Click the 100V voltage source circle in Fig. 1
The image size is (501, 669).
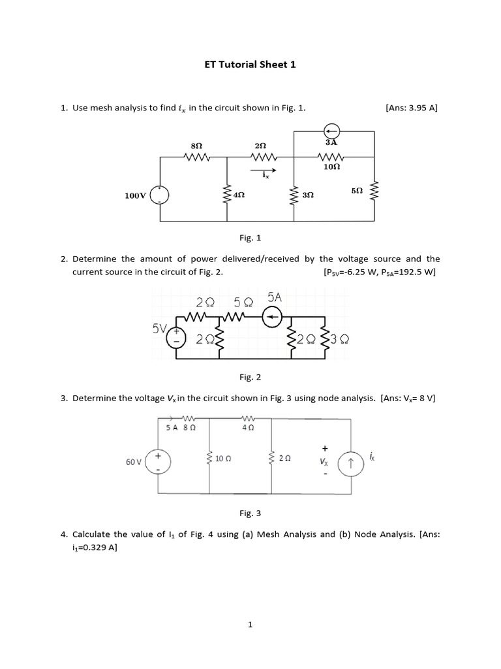pyautogui.click(x=159, y=195)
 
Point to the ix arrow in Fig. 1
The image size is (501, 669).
pyautogui.click(x=265, y=171)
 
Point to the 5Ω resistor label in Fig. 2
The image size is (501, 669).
pyautogui.click(x=243, y=301)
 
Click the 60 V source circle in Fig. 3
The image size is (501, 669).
pyautogui.click(x=158, y=462)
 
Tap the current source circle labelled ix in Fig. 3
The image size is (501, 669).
pyautogui.click(x=351, y=463)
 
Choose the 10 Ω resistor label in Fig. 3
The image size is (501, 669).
pyautogui.click(x=224, y=459)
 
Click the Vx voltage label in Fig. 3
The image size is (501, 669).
pyautogui.click(x=324, y=461)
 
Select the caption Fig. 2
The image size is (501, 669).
pyautogui.click(x=250, y=377)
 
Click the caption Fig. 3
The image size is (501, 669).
pyautogui.click(x=250, y=514)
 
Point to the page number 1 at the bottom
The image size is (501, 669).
pyautogui.click(x=250, y=625)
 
